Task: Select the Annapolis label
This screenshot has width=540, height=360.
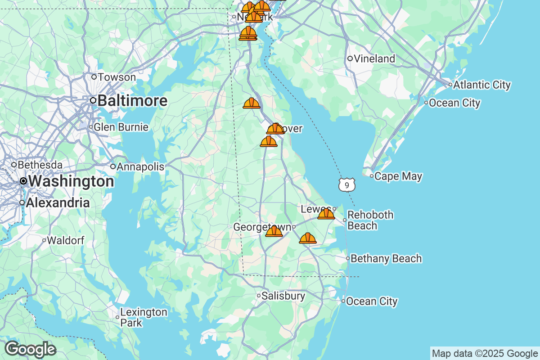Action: tap(140, 167)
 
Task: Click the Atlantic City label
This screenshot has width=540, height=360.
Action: tap(482, 85)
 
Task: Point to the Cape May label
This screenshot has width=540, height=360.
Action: tap(398, 176)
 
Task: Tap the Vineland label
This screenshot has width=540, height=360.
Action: tap(374, 59)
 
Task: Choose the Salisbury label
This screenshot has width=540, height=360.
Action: tap(283, 296)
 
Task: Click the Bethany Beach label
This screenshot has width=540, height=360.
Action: tap(386, 259)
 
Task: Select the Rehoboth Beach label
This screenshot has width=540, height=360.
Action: tap(370, 220)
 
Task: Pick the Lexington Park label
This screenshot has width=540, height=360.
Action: tap(137, 317)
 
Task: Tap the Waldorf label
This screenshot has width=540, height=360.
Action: tap(65, 240)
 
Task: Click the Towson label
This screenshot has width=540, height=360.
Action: tap(117, 77)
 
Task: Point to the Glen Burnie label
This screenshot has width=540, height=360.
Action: tap(121, 127)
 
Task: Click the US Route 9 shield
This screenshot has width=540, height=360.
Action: tap(347, 184)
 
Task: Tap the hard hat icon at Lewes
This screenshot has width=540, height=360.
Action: tap(326, 214)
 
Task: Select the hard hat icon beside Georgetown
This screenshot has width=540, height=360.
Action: tap(274, 231)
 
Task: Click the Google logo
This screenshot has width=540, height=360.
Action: tap(31, 350)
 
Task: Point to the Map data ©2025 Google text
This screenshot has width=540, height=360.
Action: tap(485, 353)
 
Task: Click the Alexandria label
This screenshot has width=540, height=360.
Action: tap(58, 203)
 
